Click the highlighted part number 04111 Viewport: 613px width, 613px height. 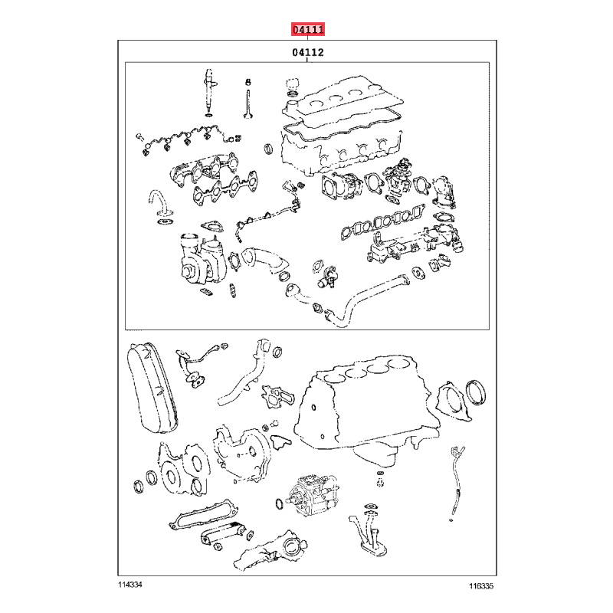(308, 29)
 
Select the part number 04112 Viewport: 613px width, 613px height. (308, 52)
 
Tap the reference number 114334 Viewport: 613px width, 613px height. (130, 585)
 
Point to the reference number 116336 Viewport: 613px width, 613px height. (481, 585)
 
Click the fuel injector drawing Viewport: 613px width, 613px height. (209, 92)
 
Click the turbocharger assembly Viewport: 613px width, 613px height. (202, 257)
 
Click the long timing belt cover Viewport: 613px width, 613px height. (152, 387)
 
